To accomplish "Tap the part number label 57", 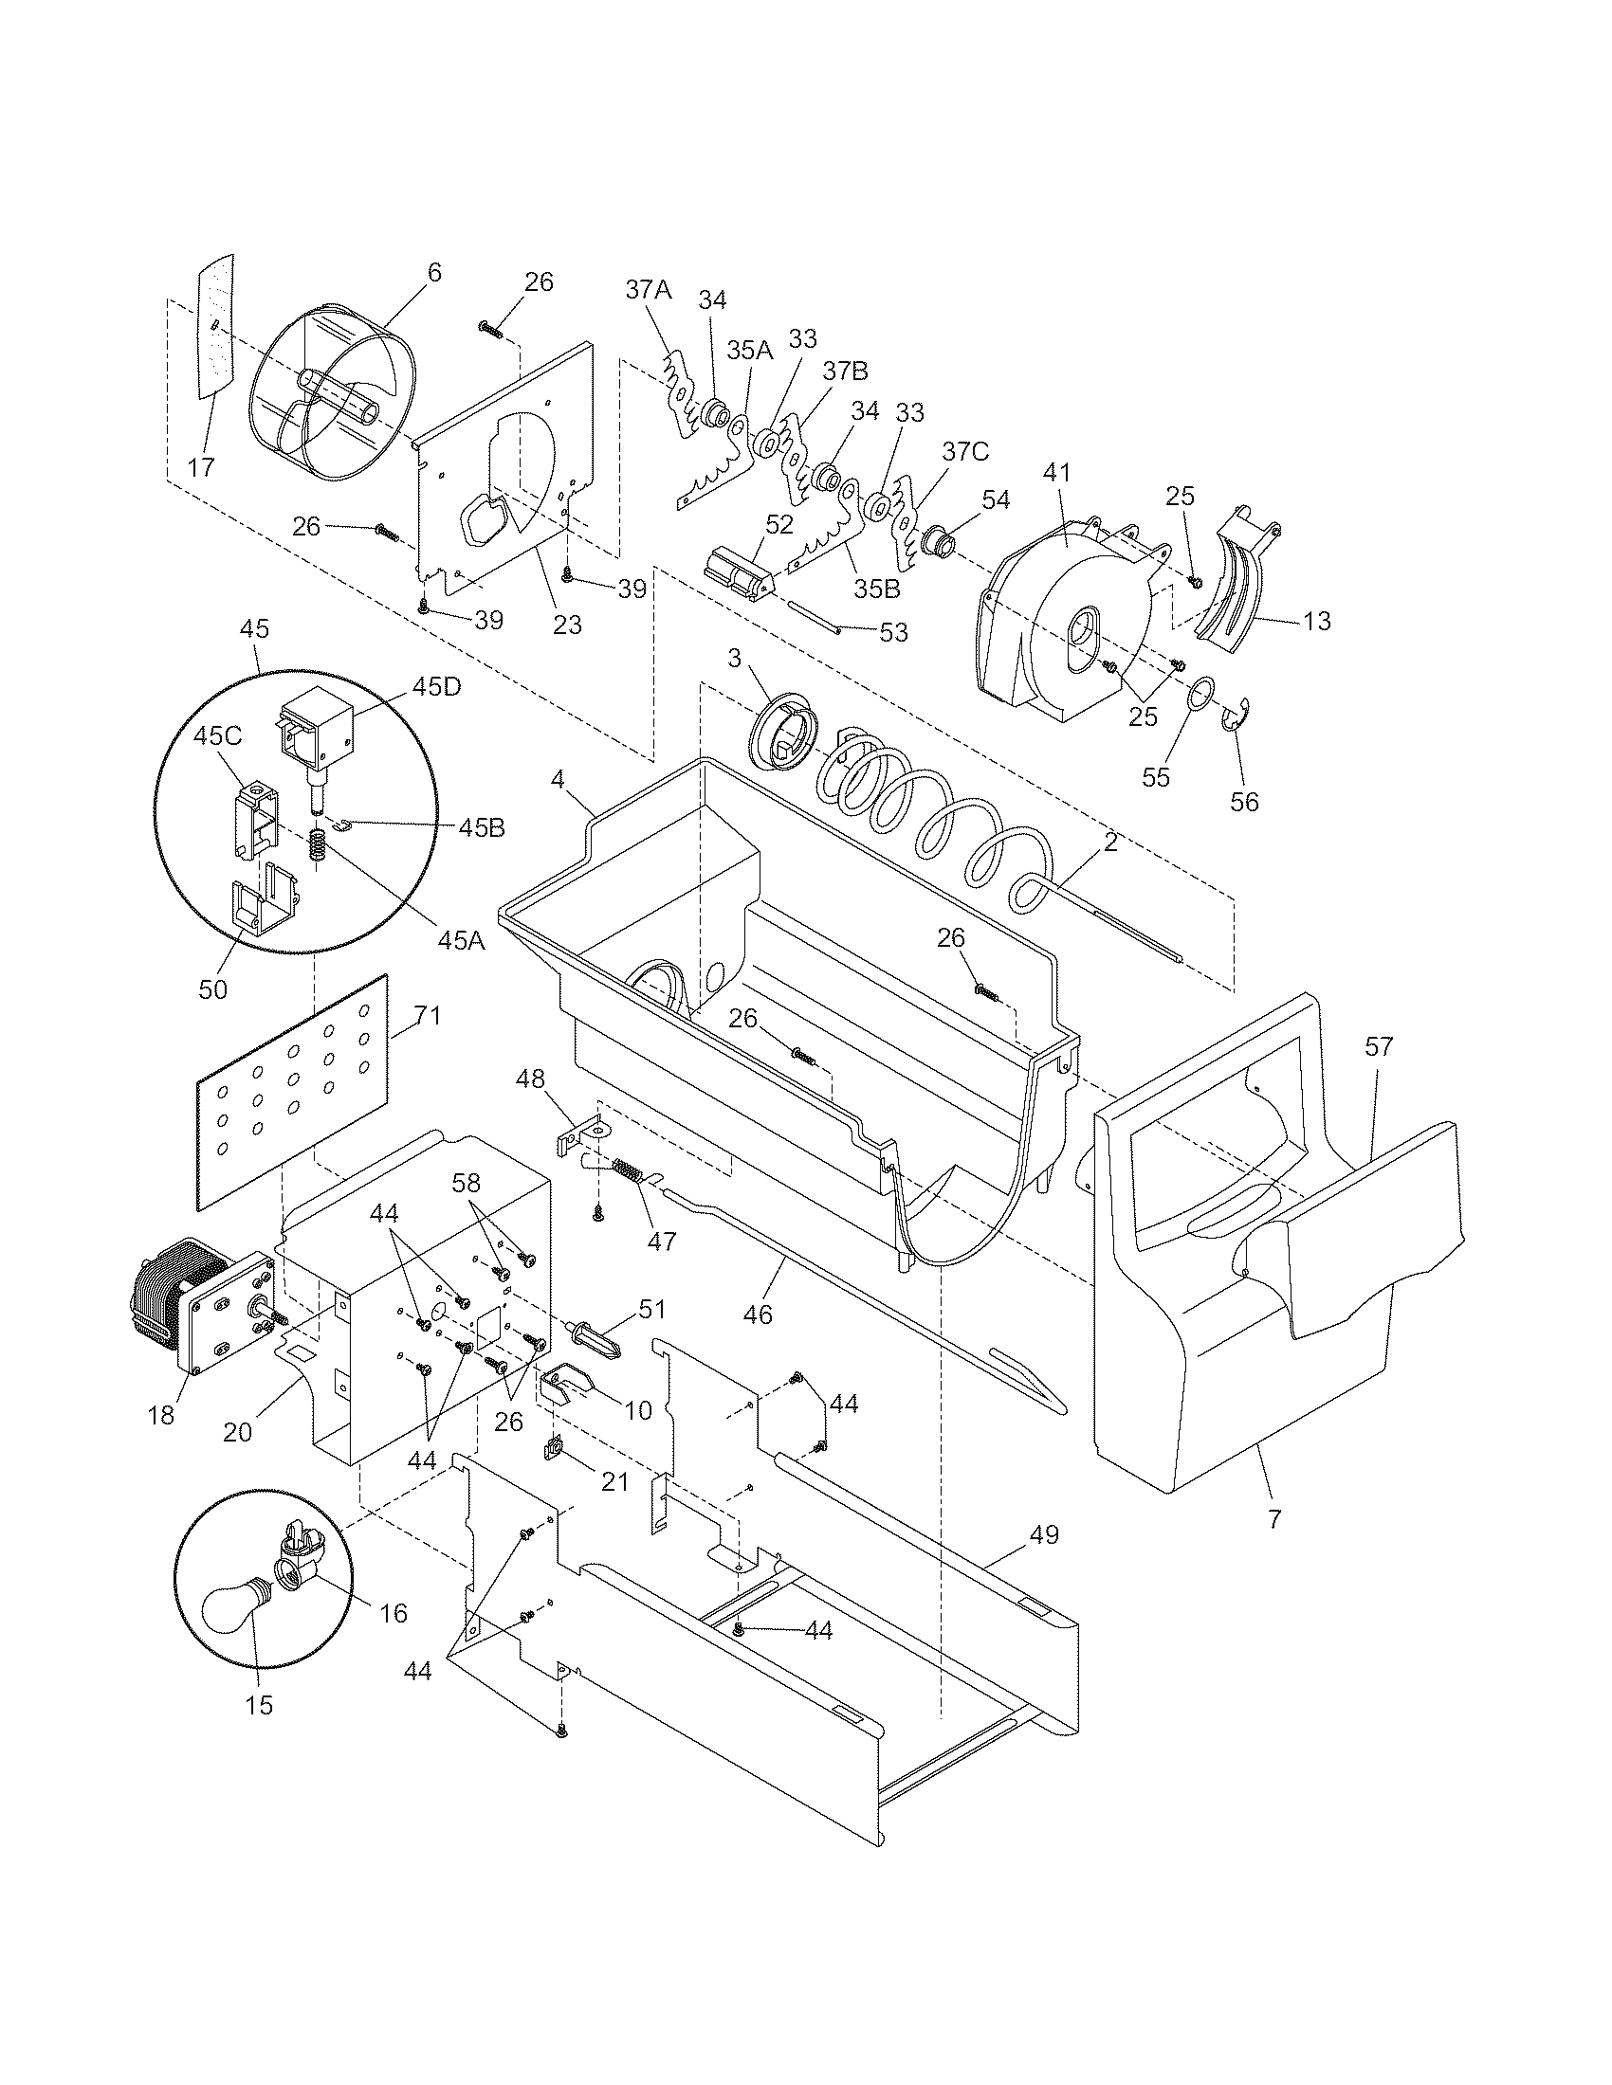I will tap(1378, 1046).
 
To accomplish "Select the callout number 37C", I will tap(965, 450).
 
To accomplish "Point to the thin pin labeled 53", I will tap(813, 615).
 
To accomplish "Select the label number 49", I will tap(1045, 1535).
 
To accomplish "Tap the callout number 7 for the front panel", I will tap(1274, 1517).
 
